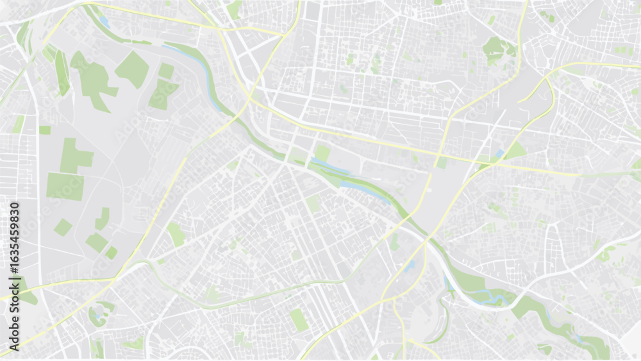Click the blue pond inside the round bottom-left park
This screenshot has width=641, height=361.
[x=98, y=314]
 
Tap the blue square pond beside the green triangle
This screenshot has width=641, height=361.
[x=499, y=154]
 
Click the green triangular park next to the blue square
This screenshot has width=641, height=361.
[x=515, y=151]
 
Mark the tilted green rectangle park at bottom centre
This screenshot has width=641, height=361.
[x=299, y=319]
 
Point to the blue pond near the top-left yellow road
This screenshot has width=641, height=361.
[x=104, y=22]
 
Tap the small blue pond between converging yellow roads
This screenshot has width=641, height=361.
[x=409, y=265]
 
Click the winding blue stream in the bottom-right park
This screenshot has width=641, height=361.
[x=490, y=296]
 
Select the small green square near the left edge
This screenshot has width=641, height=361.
[x=45, y=130]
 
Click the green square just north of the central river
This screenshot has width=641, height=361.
[x=322, y=153]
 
